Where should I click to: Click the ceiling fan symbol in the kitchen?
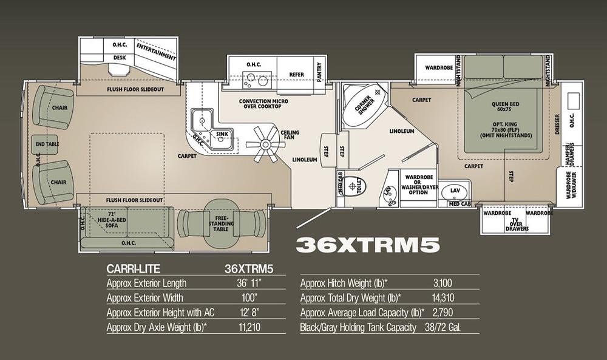pyautogui.click(x=265, y=144)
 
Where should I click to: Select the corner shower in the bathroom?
pyautogui.click(x=364, y=105)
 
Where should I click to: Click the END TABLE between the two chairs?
pyautogui.click(x=47, y=144)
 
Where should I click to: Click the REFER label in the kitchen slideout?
pyautogui.click(x=297, y=74)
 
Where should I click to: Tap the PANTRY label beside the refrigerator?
pyautogui.click(x=319, y=72)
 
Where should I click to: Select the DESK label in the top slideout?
pyautogui.click(x=120, y=58)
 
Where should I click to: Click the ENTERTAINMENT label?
pyautogui.click(x=156, y=52)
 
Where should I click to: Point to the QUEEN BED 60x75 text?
pyautogui.click(x=505, y=106)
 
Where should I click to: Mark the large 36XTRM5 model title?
pyautogui.click(x=368, y=245)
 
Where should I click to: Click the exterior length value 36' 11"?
pyautogui.click(x=249, y=283)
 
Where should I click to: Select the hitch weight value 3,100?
pyautogui.click(x=443, y=283)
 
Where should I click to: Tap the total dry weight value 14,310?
pyautogui.click(x=443, y=297)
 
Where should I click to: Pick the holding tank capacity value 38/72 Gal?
pyautogui.click(x=443, y=327)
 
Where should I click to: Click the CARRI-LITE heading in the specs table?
pyautogui.click(x=133, y=269)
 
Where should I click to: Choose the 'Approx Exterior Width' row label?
pyautogui.click(x=145, y=297)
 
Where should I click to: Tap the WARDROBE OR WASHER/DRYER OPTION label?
pyautogui.click(x=419, y=185)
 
